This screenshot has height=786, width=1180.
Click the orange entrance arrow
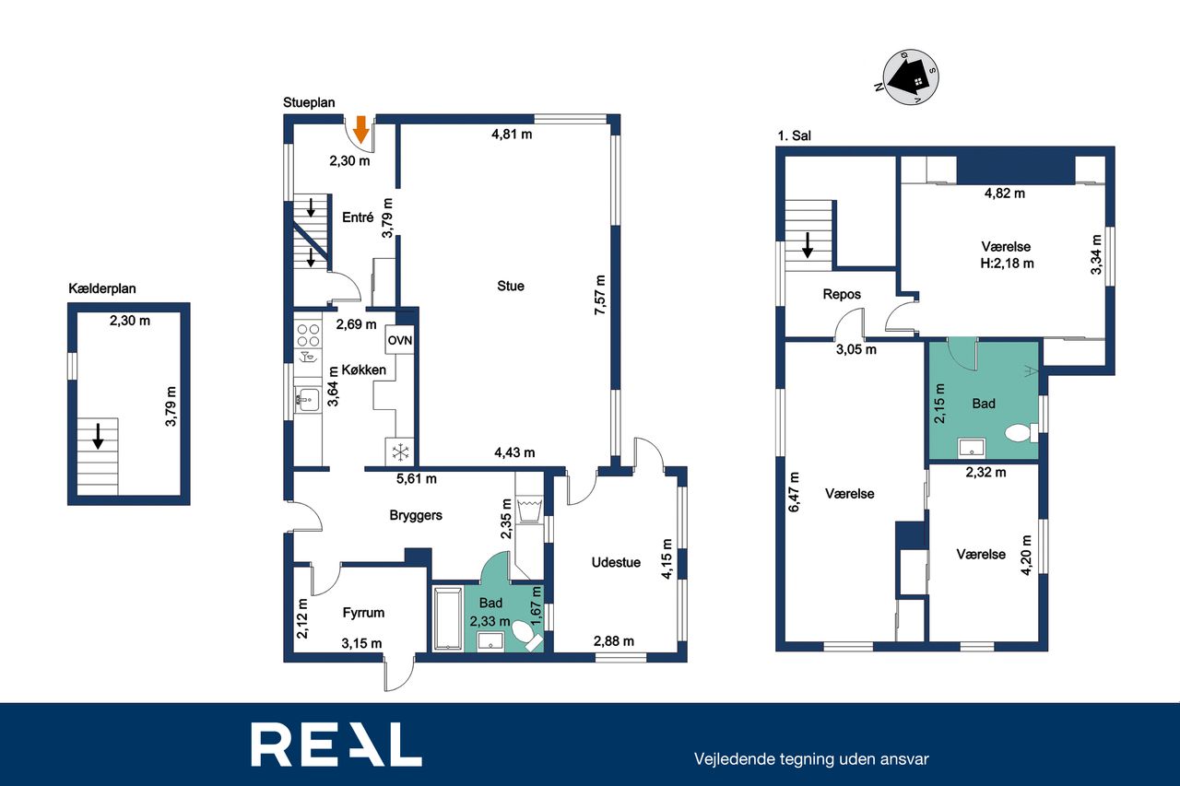click(x=360, y=130)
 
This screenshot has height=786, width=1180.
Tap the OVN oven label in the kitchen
click(x=400, y=340)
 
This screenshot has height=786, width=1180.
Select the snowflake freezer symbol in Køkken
click(x=400, y=452)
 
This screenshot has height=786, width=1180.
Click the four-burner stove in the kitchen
click(x=308, y=335)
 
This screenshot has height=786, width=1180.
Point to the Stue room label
click(x=511, y=286)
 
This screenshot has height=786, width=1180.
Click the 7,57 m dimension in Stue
click(x=599, y=295)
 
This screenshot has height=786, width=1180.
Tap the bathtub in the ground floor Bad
click(x=448, y=618)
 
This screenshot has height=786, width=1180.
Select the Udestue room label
click(x=616, y=562)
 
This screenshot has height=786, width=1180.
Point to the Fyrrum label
click(x=363, y=613)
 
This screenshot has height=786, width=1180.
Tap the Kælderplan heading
click(x=102, y=288)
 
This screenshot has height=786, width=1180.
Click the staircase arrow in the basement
click(x=98, y=437)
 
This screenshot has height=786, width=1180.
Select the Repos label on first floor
click(x=842, y=294)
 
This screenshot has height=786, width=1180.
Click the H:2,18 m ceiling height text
click(x=1007, y=264)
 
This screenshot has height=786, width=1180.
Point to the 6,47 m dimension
click(x=794, y=492)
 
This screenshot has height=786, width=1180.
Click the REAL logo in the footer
click(x=336, y=745)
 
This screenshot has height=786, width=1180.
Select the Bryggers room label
click(x=416, y=515)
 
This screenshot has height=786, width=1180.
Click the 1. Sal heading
click(x=795, y=135)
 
